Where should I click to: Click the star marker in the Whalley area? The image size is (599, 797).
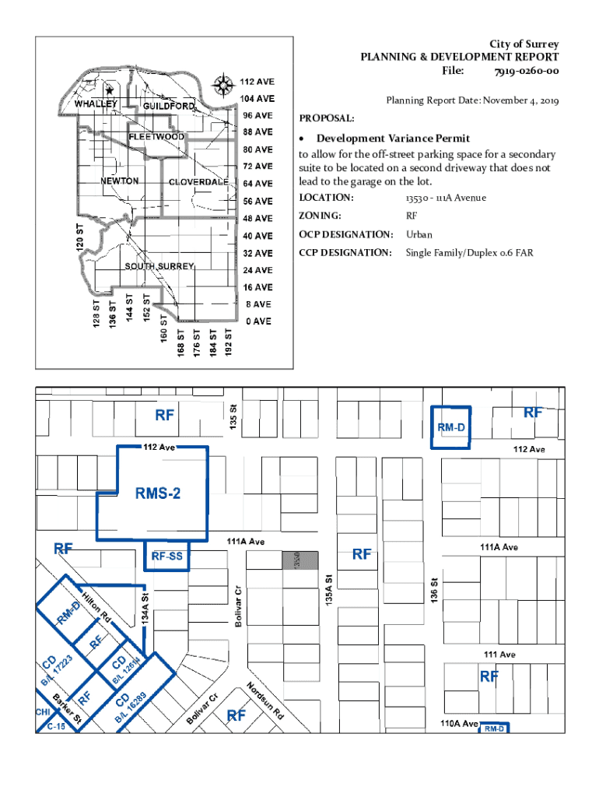(110, 91)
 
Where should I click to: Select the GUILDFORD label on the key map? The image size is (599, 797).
(169, 106)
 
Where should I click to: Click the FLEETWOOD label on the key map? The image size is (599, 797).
(156, 137)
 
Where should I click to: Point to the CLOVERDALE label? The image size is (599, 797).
(198, 182)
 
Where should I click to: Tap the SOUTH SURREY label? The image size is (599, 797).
(159, 267)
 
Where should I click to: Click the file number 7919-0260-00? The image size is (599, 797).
(526, 72)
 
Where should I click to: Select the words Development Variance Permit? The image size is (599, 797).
(393, 139)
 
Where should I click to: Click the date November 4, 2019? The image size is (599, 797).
(515, 101)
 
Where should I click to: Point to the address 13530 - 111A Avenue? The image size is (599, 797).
(446, 198)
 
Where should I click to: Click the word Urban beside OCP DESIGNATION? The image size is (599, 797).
(419, 234)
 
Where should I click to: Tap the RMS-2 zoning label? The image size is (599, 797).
(158, 493)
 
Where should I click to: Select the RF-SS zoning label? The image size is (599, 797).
(166, 556)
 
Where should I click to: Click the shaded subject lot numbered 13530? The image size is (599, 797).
(300, 560)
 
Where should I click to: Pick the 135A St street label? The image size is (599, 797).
(330, 592)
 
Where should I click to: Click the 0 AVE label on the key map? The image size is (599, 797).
(257, 321)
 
